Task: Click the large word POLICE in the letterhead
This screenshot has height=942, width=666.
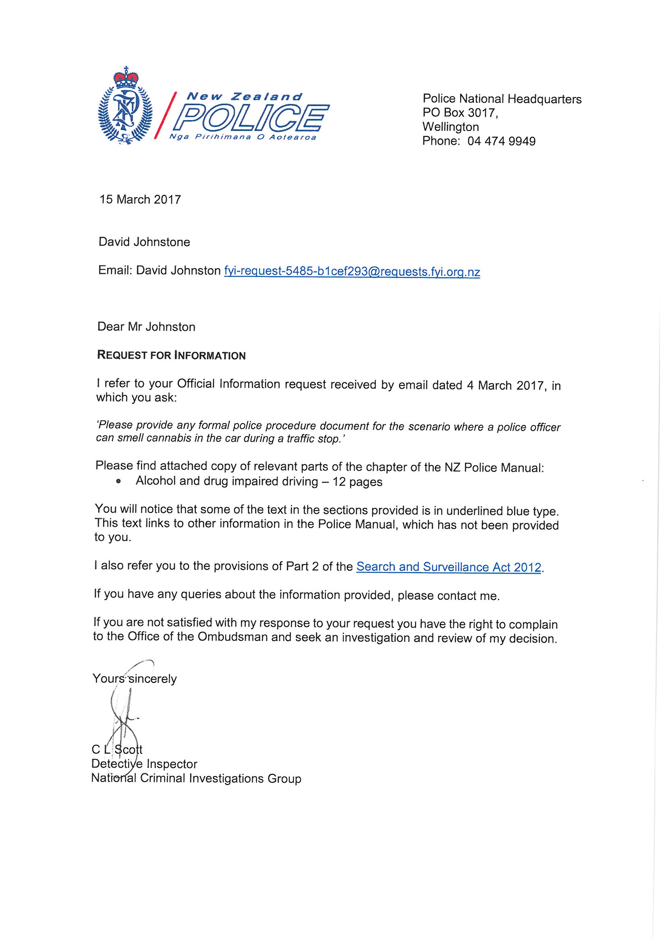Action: (x=251, y=118)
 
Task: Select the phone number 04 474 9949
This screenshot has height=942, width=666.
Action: (x=502, y=141)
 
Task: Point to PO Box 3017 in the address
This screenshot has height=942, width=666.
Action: (x=460, y=113)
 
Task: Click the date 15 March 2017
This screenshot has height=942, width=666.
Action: (x=140, y=199)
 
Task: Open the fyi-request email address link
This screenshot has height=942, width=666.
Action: (x=352, y=272)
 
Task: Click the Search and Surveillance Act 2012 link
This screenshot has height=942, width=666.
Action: (x=449, y=567)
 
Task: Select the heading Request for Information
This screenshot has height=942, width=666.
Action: (x=171, y=355)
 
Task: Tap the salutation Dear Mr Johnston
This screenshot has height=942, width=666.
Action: (x=147, y=327)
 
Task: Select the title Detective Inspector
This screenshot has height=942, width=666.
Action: (x=144, y=764)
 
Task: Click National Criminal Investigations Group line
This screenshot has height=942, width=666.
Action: (x=196, y=778)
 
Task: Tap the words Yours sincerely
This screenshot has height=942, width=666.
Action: (x=135, y=678)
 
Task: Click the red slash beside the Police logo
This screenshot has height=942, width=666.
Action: (x=166, y=116)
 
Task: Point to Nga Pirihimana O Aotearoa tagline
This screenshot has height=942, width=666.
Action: (x=243, y=137)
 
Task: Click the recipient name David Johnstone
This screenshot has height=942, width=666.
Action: (x=145, y=242)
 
